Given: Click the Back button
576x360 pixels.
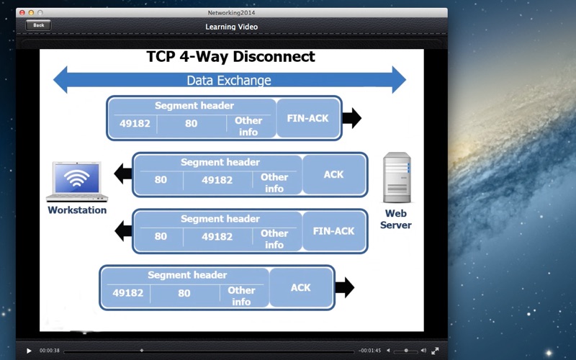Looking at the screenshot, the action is pyautogui.click(x=38, y=25).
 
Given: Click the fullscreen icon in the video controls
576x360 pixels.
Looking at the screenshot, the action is pyautogui.click(x=435, y=351).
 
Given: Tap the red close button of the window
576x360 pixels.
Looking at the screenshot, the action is pyautogui.click(x=22, y=12).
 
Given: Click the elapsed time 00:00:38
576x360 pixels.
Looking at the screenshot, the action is pyautogui.click(x=50, y=351).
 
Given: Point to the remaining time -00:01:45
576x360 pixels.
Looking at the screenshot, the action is pyautogui.click(x=369, y=351).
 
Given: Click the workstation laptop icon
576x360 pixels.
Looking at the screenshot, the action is pyautogui.click(x=77, y=181).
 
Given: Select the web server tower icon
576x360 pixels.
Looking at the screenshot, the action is pyautogui.click(x=397, y=177).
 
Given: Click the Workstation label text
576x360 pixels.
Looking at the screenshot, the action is pyautogui.click(x=77, y=210).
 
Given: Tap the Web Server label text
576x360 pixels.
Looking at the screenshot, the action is pyautogui.click(x=395, y=219).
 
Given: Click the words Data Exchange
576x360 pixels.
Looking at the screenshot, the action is pyautogui.click(x=229, y=80).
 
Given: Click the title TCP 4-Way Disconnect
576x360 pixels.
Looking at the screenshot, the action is pyautogui.click(x=230, y=57).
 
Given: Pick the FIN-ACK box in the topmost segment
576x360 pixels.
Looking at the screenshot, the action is pyautogui.click(x=308, y=118).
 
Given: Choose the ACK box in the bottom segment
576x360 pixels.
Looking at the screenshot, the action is pyautogui.click(x=301, y=287).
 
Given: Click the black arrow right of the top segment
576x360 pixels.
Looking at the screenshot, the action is pyautogui.click(x=352, y=118).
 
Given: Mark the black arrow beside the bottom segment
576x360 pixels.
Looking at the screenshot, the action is pyautogui.click(x=345, y=287).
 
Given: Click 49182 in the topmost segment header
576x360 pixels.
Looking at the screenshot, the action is pyautogui.click(x=135, y=123).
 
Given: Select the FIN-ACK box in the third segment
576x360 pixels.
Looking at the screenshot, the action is pyautogui.click(x=333, y=231).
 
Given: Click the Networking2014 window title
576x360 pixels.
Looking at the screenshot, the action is pyautogui.click(x=231, y=12).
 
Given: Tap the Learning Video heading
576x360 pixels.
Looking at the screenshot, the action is pyautogui.click(x=231, y=27).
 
